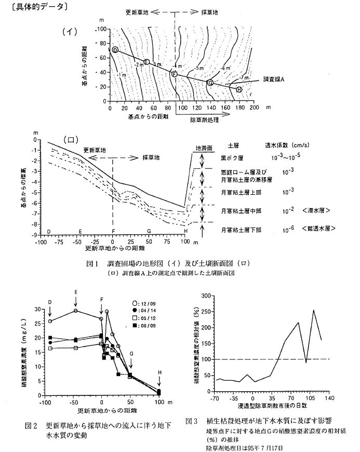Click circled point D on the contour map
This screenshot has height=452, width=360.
[x=115, y=50]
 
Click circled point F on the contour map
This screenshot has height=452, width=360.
[x=175, y=75]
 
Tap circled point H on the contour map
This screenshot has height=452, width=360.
[x=239, y=90]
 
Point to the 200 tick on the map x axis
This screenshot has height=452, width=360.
[x=254, y=108]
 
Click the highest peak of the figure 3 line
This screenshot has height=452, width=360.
[x=313, y=310]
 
